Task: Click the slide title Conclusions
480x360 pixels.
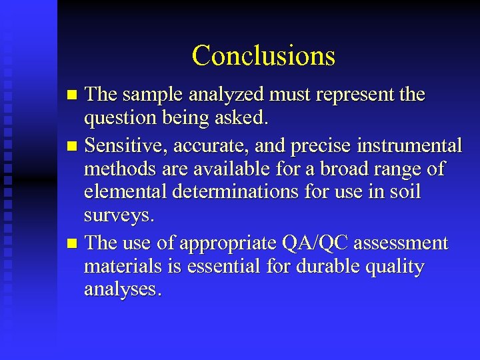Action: (x=263, y=55)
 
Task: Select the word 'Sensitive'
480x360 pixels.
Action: (x=129, y=144)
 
